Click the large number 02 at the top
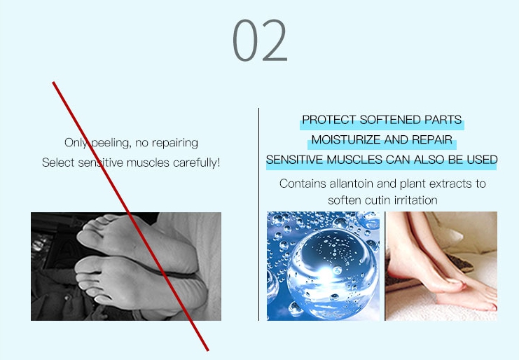click(260, 40)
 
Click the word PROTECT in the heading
click(328, 120)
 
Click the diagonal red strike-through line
click(130, 216)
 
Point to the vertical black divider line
click(258, 214)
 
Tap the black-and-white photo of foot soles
click(126, 266)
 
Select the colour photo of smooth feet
click(441, 266)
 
